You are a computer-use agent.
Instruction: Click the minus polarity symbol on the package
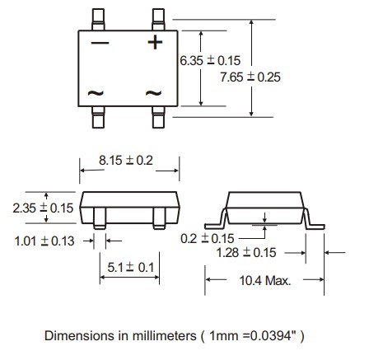(100, 43)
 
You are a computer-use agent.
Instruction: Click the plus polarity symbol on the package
(155, 42)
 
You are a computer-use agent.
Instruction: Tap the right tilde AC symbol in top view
(155, 94)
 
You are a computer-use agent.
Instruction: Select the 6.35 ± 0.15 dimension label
(209, 61)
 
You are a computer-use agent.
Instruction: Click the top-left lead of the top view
(100, 16)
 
